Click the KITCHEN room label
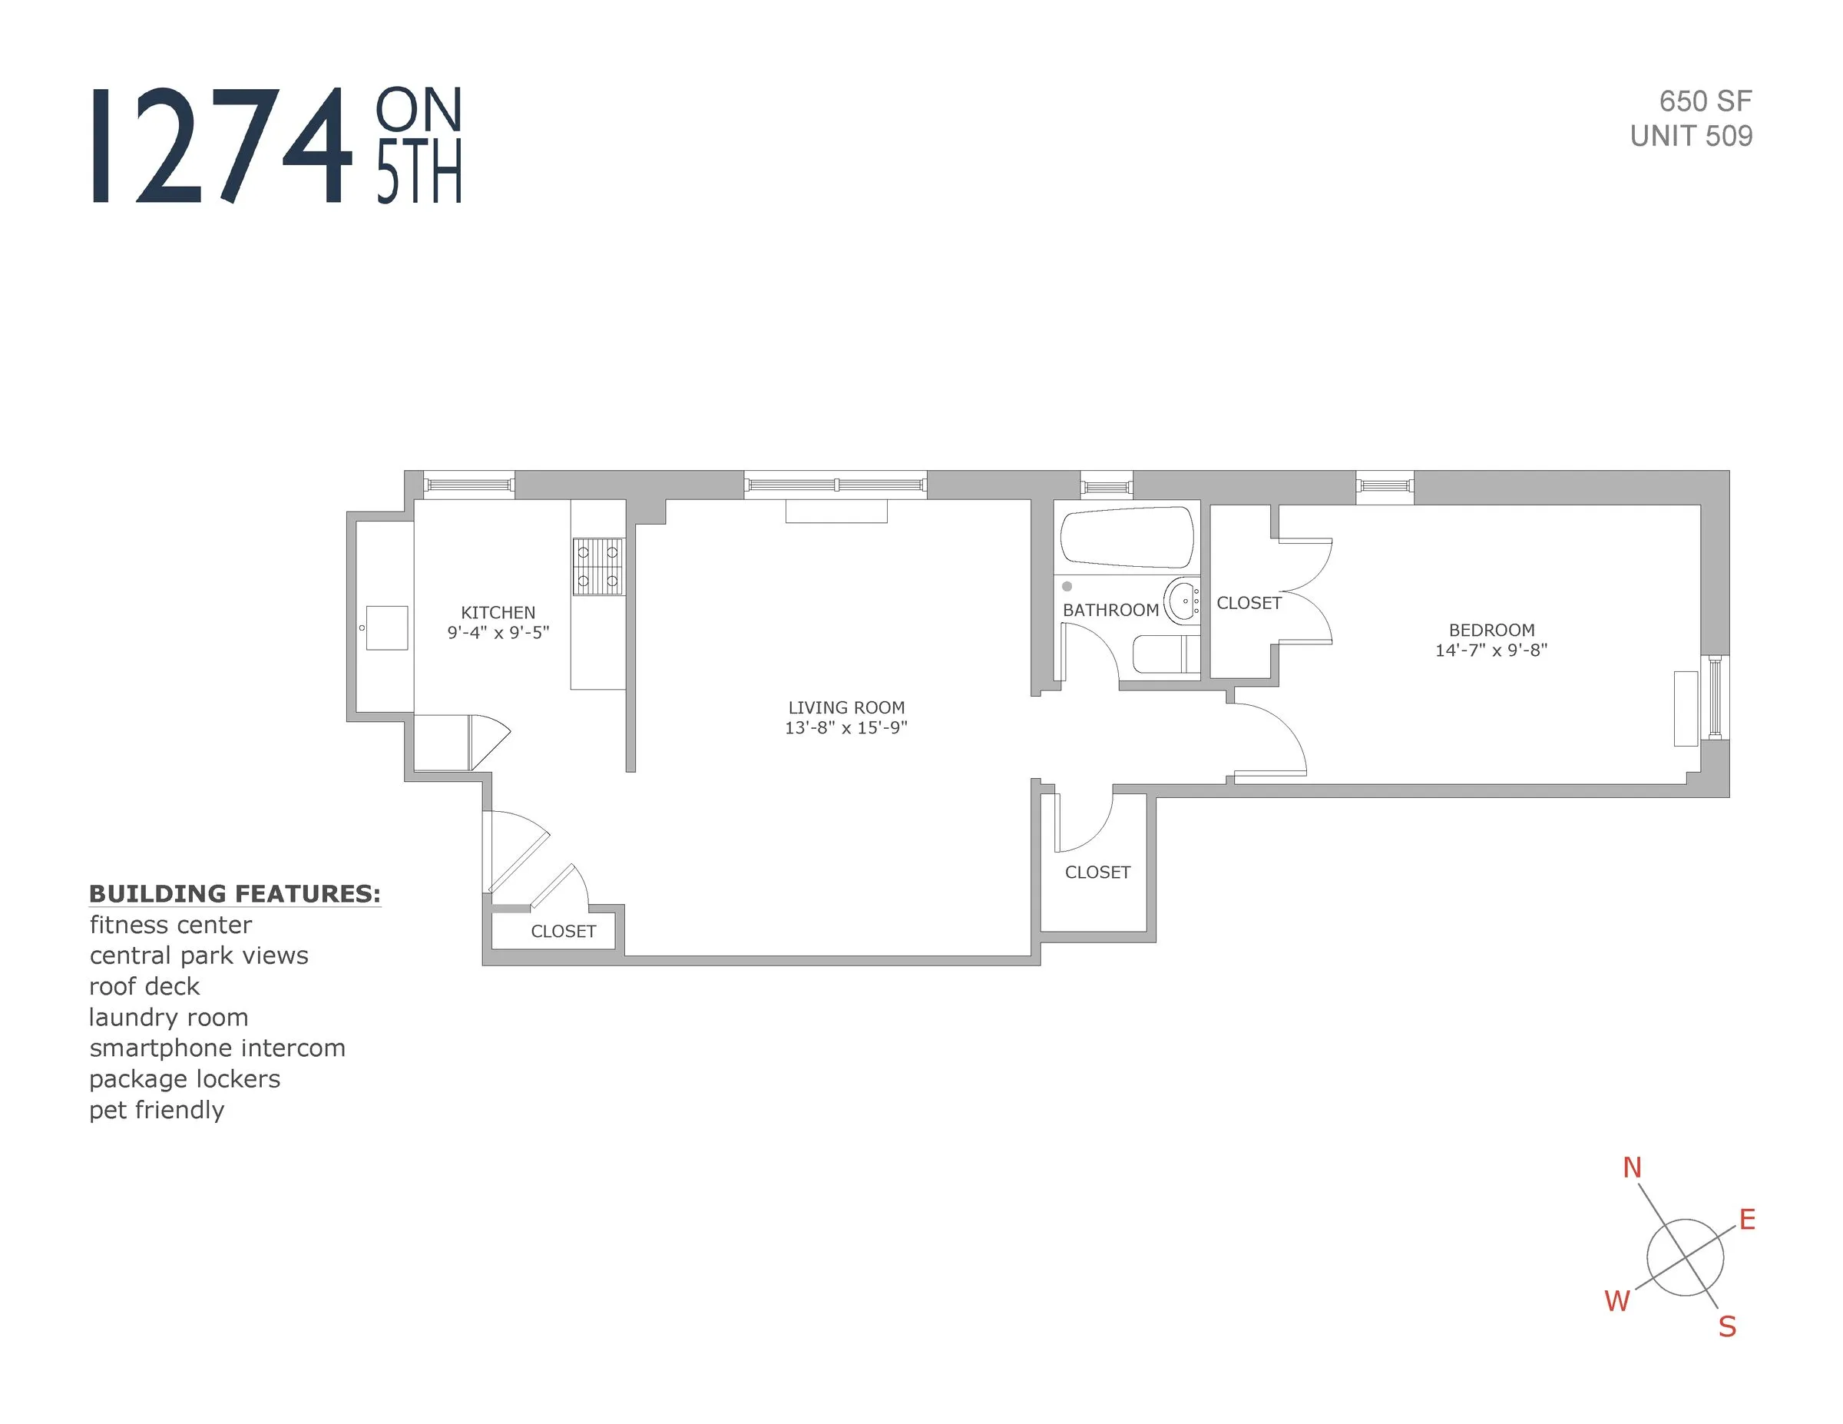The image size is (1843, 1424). pyautogui.click(x=498, y=613)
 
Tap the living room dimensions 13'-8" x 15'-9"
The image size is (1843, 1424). pyautogui.click(x=845, y=727)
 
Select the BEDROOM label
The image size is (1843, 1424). pyautogui.click(x=1491, y=630)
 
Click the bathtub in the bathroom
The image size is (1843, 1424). pyautogui.click(x=1127, y=537)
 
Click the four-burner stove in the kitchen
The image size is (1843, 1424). pyautogui.click(x=598, y=566)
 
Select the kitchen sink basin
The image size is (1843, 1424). pyautogui.click(x=387, y=628)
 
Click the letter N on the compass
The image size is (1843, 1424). pyautogui.click(x=1632, y=1167)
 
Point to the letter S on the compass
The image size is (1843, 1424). pyautogui.click(x=1727, y=1327)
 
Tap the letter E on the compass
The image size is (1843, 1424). pyautogui.click(x=1747, y=1220)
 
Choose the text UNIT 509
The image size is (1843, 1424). pyautogui.click(x=1690, y=136)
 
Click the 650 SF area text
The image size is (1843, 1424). pyautogui.click(x=1705, y=101)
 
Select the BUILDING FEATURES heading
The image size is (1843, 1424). pyautogui.click(x=234, y=893)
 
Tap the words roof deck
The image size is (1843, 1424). pyautogui.click(x=144, y=986)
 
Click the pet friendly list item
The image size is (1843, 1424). pyautogui.click(x=157, y=1109)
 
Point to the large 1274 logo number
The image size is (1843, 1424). pyautogui.click(x=221, y=145)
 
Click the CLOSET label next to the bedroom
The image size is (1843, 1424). pyautogui.click(x=1249, y=603)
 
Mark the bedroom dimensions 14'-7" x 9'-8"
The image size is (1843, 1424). pyautogui.click(x=1491, y=650)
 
